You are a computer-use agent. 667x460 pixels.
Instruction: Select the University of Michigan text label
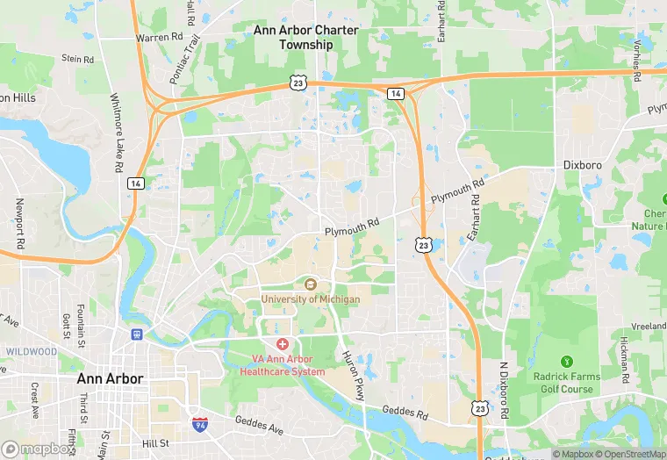coord(310,299)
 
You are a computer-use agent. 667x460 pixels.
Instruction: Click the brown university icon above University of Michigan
coord(310,284)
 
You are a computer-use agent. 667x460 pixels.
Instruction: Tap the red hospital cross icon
coord(283,345)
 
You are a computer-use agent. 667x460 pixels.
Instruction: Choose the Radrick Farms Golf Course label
coord(568,383)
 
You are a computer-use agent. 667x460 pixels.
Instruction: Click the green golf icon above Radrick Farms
coord(566,361)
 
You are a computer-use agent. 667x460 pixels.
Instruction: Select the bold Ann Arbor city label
coord(111,378)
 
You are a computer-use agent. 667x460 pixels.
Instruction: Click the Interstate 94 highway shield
coord(200,424)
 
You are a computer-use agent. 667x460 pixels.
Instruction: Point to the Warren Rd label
coord(159,38)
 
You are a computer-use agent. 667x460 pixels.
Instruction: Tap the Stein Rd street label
coord(77,59)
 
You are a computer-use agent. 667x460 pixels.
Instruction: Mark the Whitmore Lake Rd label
coord(116,132)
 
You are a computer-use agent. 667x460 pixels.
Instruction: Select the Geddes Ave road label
coord(260,428)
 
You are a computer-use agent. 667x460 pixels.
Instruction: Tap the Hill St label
coord(156,444)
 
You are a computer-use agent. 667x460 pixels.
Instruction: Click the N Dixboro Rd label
coord(505,390)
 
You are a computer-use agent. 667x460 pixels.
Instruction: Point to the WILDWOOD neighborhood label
coord(31,352)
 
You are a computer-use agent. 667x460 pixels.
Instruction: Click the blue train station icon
coord(136,334)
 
